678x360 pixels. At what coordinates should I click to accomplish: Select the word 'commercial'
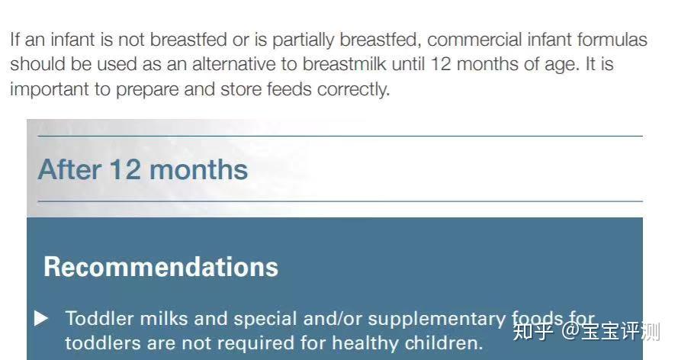tap(474, 40)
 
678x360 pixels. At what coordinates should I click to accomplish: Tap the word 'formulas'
tap(612, 40)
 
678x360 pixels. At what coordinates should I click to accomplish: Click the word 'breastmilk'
tap(344, 64)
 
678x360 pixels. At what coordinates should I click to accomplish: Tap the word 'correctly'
tap(353, 90)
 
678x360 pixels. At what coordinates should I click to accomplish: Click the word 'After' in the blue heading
tap(69, 169)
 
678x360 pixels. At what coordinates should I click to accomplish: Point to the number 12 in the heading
tap(125, 169)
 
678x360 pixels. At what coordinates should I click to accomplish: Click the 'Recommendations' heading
tap(161, 267)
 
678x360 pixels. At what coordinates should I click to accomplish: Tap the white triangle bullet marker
tap(41, 318)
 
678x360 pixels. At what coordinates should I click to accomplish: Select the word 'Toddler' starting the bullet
tap(99, 319)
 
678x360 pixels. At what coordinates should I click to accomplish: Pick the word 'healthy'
tap(365, 343)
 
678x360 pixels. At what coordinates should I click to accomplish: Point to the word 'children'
tap(444, 343)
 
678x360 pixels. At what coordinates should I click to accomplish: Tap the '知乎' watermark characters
tap(532, 332)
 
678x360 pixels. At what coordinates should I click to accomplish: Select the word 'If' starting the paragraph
tap(14, 40)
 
